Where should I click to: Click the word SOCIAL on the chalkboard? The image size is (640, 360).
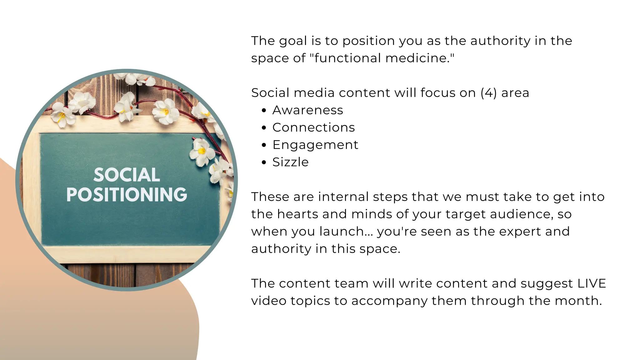tap(127, 175)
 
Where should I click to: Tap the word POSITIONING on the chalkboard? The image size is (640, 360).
tap(127, 195)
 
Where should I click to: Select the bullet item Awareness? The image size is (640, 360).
tap(307, 110)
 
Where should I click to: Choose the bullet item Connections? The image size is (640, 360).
tap(313, 127)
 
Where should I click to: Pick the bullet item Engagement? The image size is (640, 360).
tap(315, 145)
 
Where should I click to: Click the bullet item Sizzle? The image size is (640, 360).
tap(290, 162)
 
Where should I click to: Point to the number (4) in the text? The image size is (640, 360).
tap(488, 93)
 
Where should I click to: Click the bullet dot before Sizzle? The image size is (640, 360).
tap(264, 162)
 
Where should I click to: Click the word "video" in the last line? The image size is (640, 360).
tap(268, 301)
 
